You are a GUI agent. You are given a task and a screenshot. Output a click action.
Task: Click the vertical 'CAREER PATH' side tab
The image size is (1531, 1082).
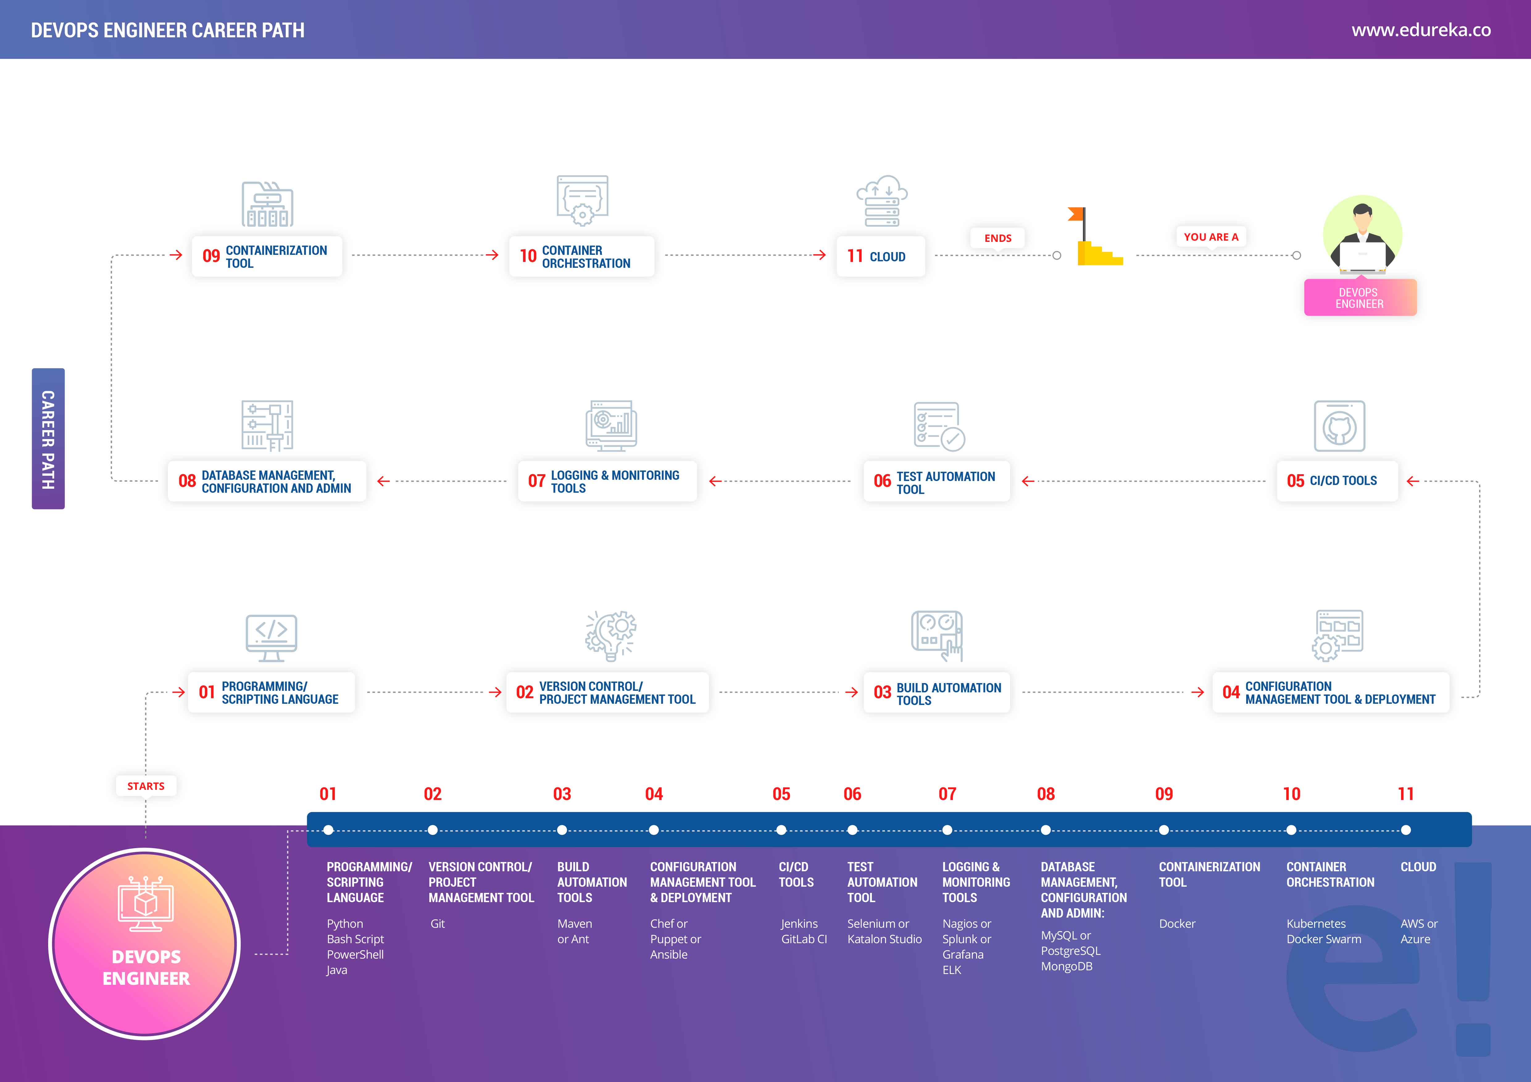48,439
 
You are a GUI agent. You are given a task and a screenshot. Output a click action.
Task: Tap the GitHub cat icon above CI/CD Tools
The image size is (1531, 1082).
1339,427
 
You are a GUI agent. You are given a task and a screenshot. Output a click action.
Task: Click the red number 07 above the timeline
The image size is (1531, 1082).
947,794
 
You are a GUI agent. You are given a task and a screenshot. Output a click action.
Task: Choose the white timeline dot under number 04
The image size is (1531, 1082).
654,830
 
